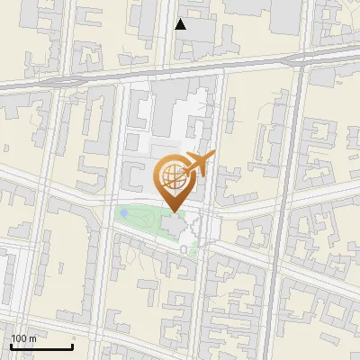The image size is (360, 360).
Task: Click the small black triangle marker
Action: (181, 24)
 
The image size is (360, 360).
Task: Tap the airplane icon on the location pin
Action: (199, 164)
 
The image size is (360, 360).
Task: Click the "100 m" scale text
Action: (23, 338)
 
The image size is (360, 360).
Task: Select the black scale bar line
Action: (41, 346)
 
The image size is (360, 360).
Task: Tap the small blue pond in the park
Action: (122, 213)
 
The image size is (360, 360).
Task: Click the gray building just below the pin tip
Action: (174, 224)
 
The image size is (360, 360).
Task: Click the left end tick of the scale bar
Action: (11, 346)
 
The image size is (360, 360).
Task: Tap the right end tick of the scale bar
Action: (72, 346)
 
